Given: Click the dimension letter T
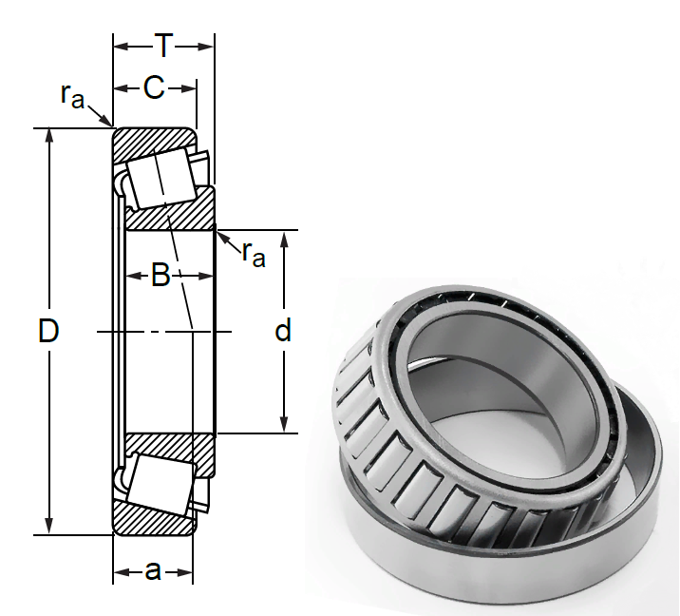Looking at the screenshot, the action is tap(163, 46).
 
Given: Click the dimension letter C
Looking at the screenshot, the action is tap(154, 87).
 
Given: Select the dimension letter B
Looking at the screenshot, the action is tap(161, 275).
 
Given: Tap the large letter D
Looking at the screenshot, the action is tap(48, 331).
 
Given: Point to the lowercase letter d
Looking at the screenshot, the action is tap(283, 331).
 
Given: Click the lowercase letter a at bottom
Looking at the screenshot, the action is tap(153, 571).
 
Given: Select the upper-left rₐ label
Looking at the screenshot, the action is tap(72, 96).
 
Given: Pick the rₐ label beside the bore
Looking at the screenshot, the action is tap(254, 254).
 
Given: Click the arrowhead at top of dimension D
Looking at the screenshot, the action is tap(49, 135).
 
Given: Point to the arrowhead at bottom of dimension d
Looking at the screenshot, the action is tap(284, 424).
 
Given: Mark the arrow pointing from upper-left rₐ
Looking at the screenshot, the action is tap(100, 116).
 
